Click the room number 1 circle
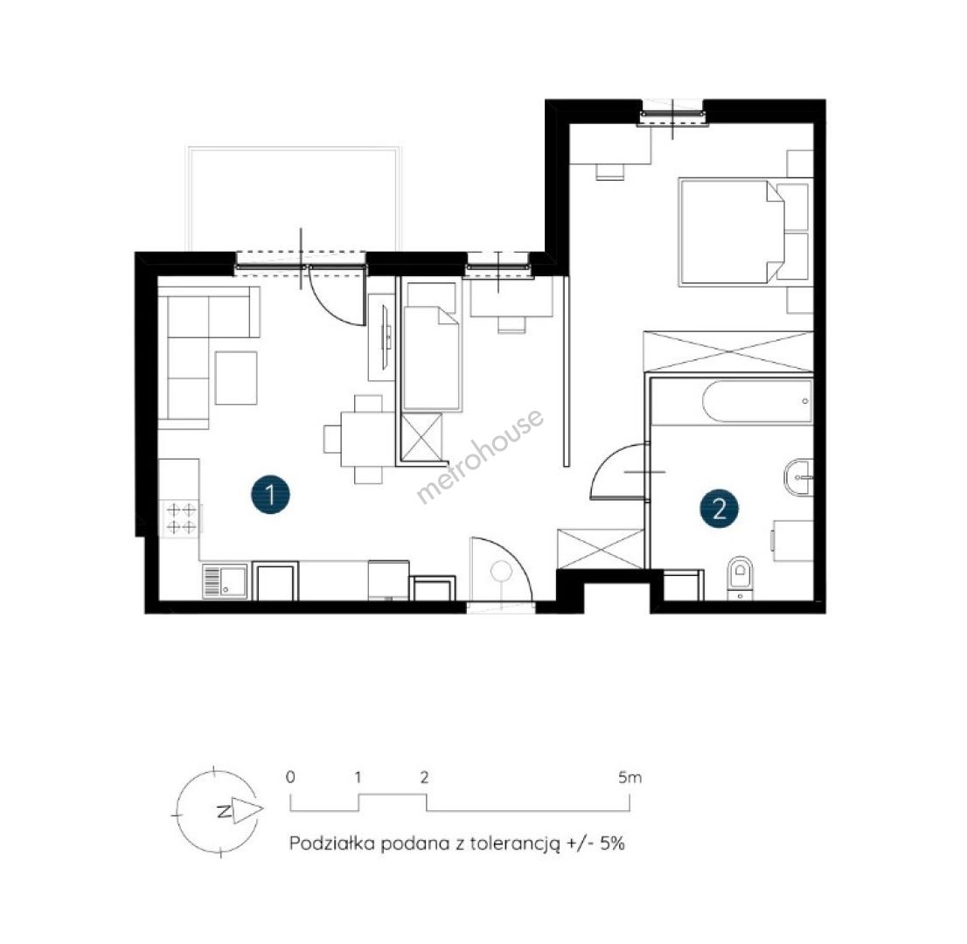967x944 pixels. pos(271,494)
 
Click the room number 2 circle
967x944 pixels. pos(719,509)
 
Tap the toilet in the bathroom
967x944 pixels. pos(740,578)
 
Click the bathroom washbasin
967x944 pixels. pos(799,476)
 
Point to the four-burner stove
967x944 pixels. pos(181,518)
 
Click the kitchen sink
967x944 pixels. pos(225,581)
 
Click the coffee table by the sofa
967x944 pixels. pos(235,378)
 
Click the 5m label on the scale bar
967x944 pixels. pos(630,778)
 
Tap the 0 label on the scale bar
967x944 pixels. pos(290,777)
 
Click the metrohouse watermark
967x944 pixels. pos(480,456)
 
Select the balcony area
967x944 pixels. pos(295,198)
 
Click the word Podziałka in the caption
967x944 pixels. pos(331,843)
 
